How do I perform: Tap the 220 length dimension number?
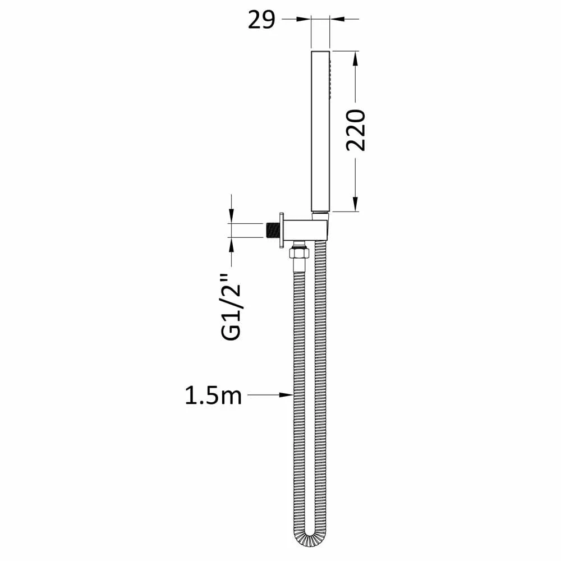click(x=356, y=130)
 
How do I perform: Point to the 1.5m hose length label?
click(x=213, y=396)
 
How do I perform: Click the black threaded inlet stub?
click(x=272, y=229)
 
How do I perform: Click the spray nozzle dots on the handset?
click(x=332, y=76)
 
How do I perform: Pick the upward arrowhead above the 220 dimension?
click(x=355, y=59)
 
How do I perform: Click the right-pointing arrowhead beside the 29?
click(x=304, y=19)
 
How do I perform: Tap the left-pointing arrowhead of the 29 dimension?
click(x=337, y=19)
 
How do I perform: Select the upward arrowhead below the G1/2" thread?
click(x=231, y=245)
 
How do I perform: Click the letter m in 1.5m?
click(x=231, y=397)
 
